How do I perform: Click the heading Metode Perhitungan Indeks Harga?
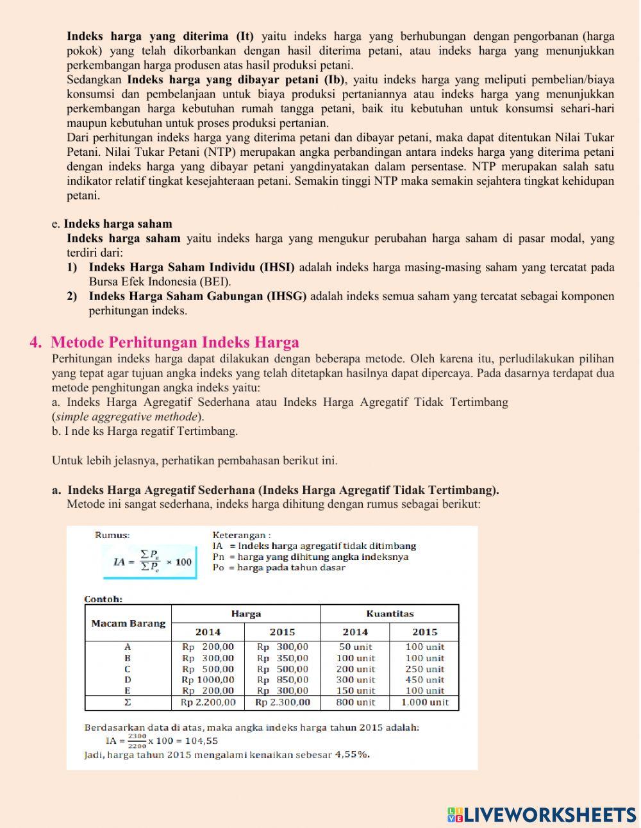[174, 342]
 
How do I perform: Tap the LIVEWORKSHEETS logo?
[542, 815]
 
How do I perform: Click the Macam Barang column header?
[128, 623]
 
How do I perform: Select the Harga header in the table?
[246, 614]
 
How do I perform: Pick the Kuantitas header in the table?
[390, 614]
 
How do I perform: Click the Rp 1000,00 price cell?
[208, 680]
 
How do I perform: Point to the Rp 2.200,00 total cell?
[208, 702]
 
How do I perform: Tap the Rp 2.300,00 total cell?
[283, 702]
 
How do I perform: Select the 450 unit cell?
[424, 680]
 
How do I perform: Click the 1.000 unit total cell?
[424, 702]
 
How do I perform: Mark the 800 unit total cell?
[355, 702]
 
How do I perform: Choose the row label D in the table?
[128, 680]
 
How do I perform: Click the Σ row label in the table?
[128, 702]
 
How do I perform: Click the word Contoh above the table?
[103, 600]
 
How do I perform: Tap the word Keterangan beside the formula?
[241, 535]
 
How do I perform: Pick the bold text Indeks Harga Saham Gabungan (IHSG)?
[197, 296]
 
